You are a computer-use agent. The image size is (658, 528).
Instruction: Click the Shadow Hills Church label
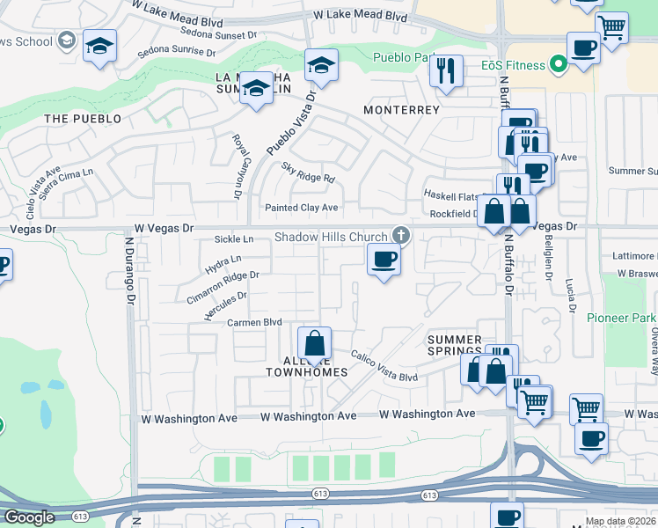coord(331,237)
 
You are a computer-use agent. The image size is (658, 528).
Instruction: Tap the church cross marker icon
coord(401,234)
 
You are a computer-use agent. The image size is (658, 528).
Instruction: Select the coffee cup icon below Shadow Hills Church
coord(383,260)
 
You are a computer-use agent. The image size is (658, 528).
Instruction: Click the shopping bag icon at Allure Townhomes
coord(313,344)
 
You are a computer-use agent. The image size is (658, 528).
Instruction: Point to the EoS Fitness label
coord(514,64)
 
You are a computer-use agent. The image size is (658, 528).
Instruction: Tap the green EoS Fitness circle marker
coord(556,64)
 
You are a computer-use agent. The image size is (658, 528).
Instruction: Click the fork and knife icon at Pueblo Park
coord(446,70)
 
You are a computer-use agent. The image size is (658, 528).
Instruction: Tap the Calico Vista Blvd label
coord(384,366)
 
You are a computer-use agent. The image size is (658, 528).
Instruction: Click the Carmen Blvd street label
coord(253,323)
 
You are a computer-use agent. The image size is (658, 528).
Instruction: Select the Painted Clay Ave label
coord(302,208)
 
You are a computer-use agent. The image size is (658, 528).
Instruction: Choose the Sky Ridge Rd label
coord(308,172)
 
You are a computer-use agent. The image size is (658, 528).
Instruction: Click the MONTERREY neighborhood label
coord(401,110)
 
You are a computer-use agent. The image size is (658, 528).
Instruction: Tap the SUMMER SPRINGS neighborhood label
coord(455,346)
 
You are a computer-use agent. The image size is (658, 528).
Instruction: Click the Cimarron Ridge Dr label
coord(223,287)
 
